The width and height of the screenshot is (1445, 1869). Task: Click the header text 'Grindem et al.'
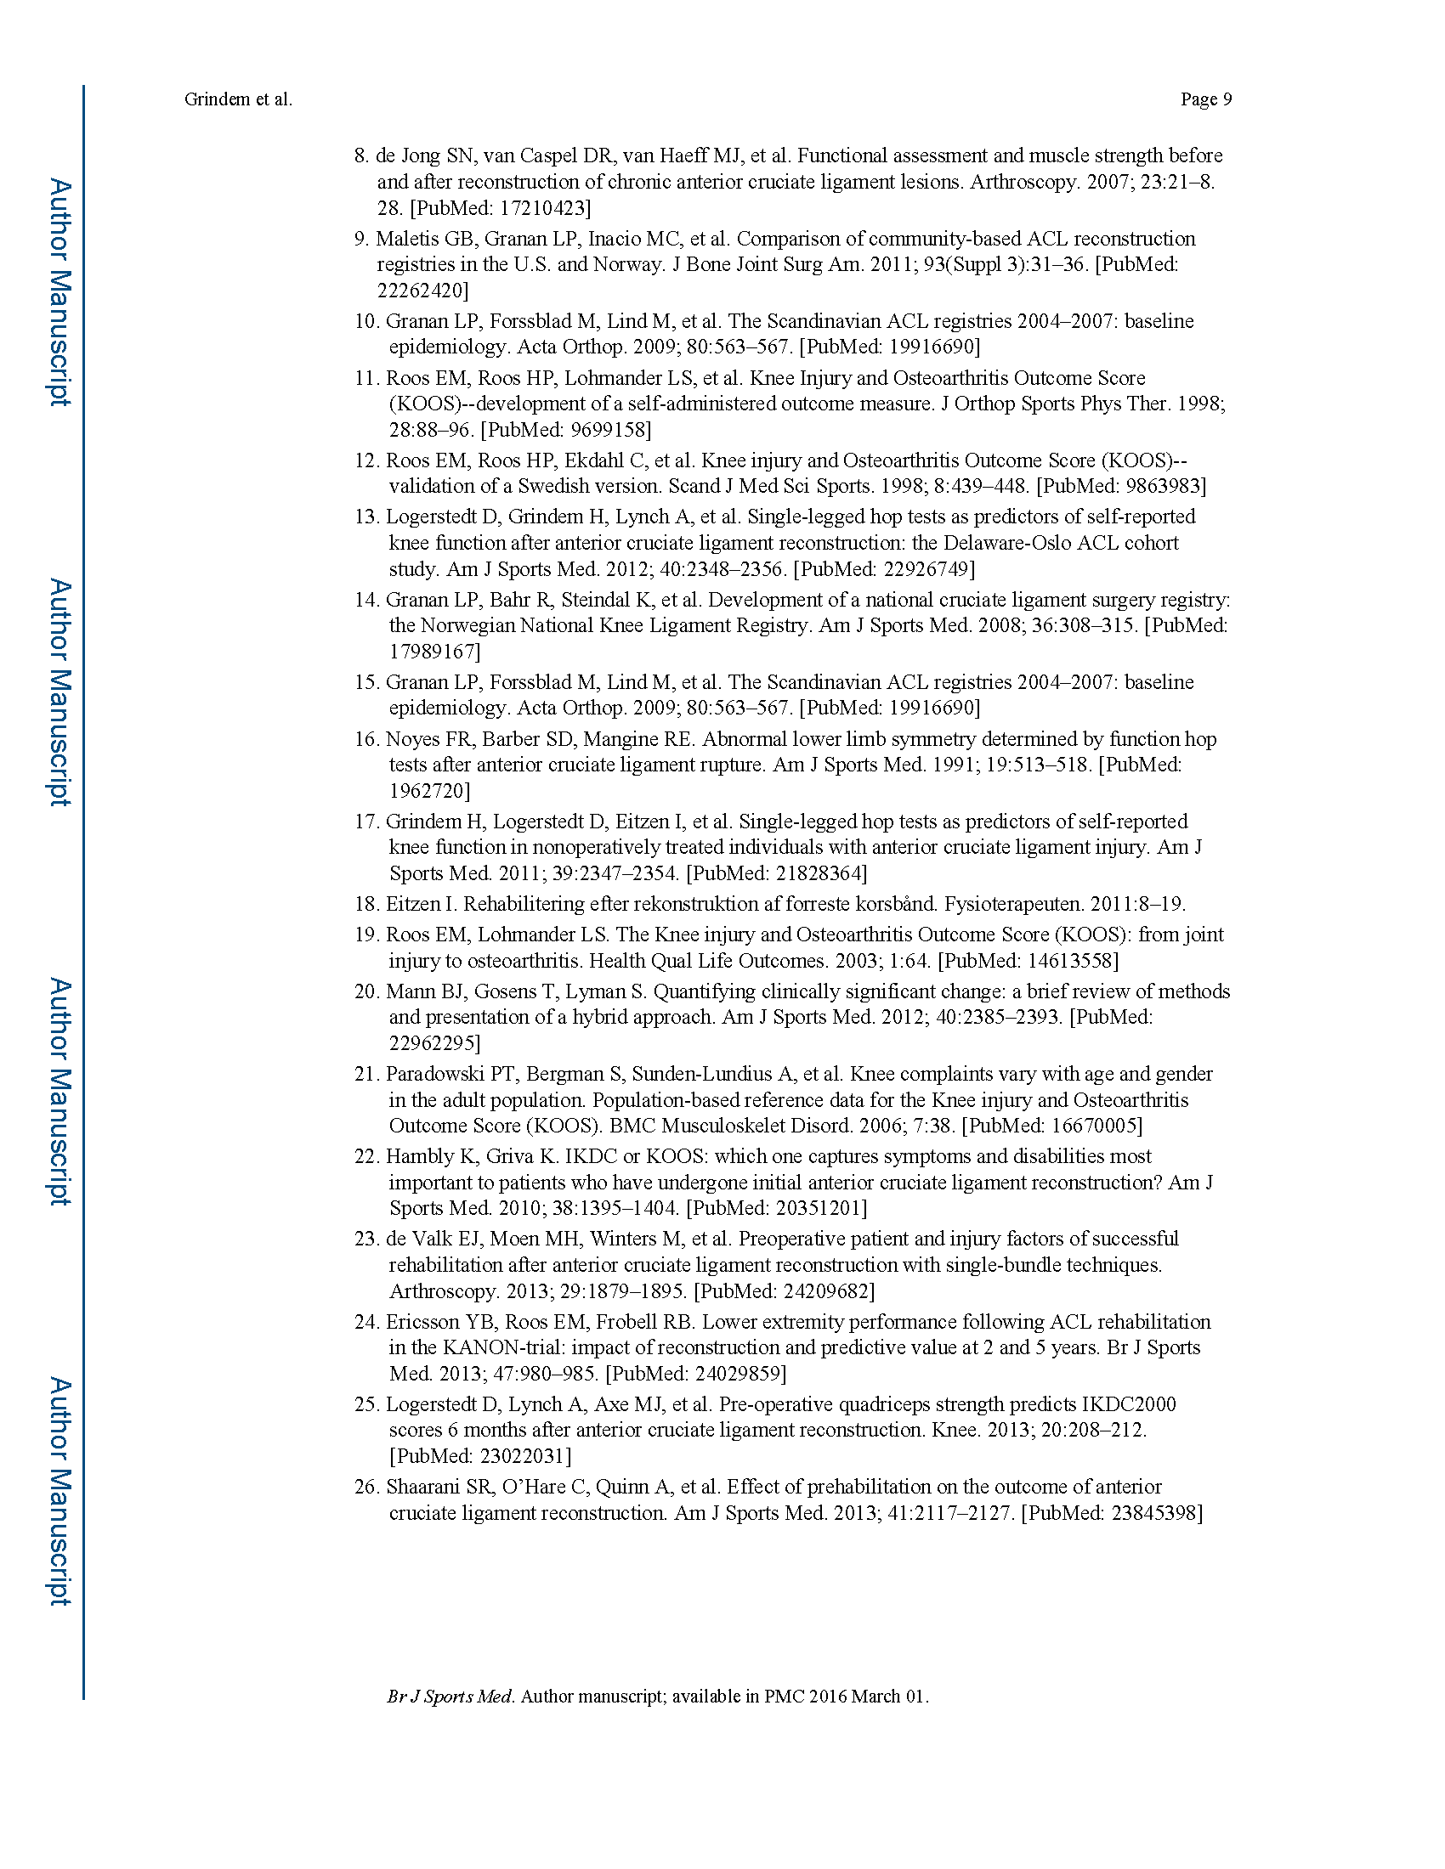click(x=238, y=99)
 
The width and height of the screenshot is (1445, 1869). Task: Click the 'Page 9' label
click(x=1205, y=99)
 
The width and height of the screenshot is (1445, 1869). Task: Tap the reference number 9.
click(x=361, y=239)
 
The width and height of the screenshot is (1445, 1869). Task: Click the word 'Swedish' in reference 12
click(x=560, y=486)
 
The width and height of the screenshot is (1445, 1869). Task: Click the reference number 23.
click(x=365, y=1239)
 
